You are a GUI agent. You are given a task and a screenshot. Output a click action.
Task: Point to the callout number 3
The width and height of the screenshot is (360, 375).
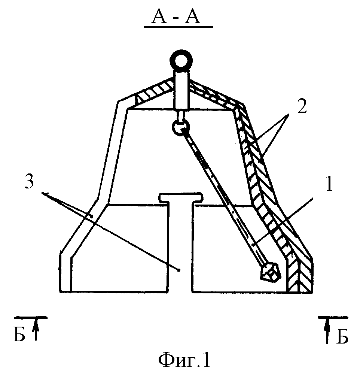pyautogui.click(x=29, y=181)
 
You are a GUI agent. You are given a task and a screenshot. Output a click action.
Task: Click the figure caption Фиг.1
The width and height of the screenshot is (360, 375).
pyautogui.click(x=184, y=360)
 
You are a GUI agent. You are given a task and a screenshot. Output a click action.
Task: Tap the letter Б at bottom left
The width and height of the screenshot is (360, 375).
pyautogui.click(x=19, y=336)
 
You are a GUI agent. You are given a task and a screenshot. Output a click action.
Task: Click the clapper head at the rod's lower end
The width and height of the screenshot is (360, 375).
pyautogui.click(x=269, y=272)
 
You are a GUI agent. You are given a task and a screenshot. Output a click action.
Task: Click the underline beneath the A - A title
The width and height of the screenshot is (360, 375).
pyautogui.click(x=179, y=27)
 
